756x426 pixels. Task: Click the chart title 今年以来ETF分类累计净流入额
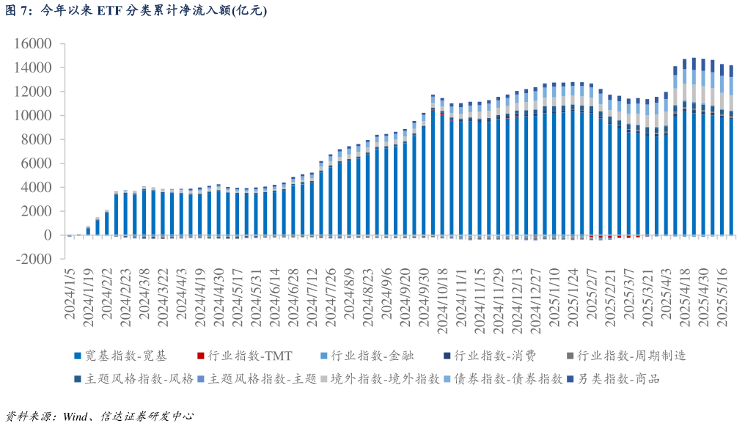[x=136, y=10]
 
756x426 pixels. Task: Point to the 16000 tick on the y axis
[x=33, y=44]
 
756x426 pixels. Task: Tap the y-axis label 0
[x=48, y=235]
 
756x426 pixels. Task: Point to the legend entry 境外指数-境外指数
[x=385, y=378]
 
